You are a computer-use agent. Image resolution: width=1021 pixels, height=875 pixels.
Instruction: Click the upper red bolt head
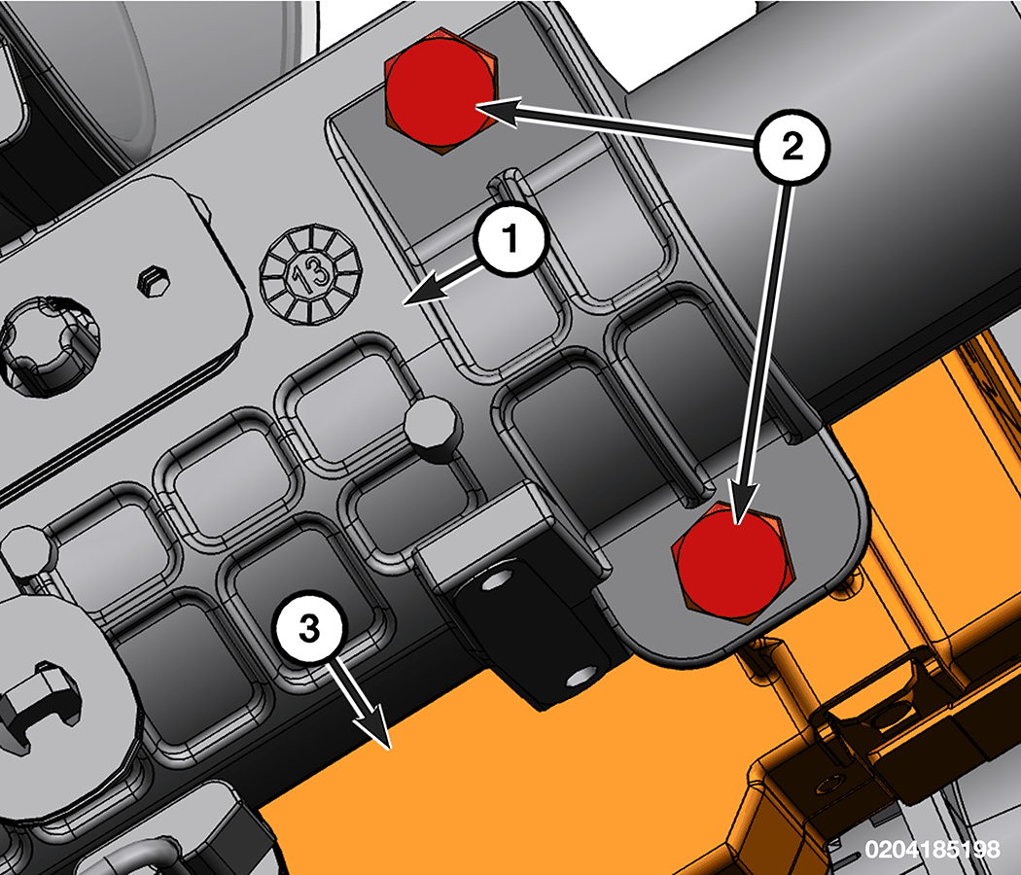click(440, 91)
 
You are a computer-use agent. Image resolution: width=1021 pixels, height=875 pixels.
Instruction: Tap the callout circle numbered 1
click(511, 238)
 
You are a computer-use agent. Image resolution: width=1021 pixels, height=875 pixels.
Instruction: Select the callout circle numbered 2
click(792, 147)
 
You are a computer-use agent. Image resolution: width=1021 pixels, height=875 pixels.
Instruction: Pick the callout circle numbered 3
click(309, 628)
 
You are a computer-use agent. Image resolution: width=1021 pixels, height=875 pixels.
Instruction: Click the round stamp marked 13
click(310, 275)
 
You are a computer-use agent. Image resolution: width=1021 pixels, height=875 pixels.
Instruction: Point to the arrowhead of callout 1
click(423, 290)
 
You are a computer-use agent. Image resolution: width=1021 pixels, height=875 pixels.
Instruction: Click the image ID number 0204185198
click(933, 849)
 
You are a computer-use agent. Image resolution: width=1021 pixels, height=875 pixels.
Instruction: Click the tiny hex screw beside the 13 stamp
click(155, 282)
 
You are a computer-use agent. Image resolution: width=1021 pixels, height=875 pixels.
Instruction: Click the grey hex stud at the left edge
click(27, 551)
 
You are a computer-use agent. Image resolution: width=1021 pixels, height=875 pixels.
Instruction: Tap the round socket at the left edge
click(49, 346)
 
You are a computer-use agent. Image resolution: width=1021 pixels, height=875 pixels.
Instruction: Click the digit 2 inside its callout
click(792, 147)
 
